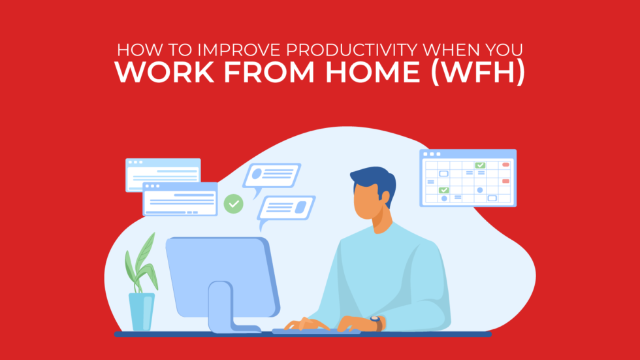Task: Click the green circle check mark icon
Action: point(233,204)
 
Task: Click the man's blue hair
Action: point(373,180)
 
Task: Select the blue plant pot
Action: point(141,311)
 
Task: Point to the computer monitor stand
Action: point(222,307)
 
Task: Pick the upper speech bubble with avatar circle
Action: point(272,174)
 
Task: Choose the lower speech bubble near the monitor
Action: point(285,208)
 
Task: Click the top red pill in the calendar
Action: point(505,165)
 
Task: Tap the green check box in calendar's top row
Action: point(480,165)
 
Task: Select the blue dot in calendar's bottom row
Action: point(444,198)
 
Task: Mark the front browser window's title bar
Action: point(180,186)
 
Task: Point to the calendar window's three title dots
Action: point(430,155)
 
